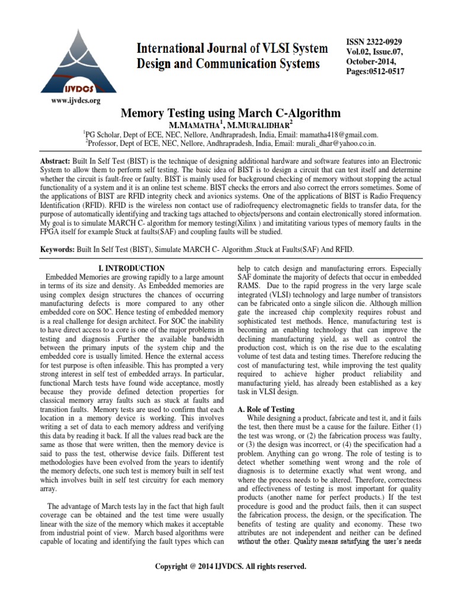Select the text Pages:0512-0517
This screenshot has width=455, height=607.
[375, 71]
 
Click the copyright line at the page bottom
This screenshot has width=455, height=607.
[230, 567]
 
